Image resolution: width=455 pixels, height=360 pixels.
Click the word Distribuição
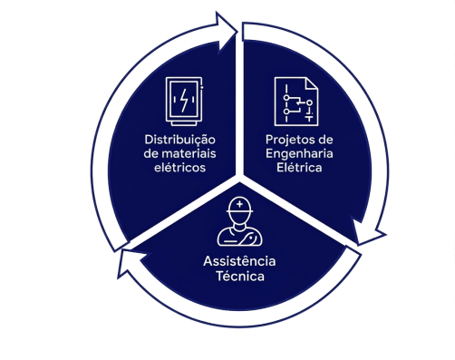pyautogui.click(x=179, y=141)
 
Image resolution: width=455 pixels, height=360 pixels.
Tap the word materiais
pyautogui.click(x=189, y=153)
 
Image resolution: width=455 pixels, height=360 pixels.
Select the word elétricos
pyautogui.click(x=179, y=167)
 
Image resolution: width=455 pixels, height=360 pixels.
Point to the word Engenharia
pyautogui.click(x=299, y=154)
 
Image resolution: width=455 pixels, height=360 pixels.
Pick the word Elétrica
pyautogui.click(x=299, y=167)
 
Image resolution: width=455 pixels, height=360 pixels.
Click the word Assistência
pyautogui.click(x=239, y=261)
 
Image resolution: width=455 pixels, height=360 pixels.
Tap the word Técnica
pyautogui.click(x=240, y=276)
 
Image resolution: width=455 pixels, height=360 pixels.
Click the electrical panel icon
pyautogui.click(x=184, y=102)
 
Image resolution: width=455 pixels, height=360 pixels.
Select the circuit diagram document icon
pyautogui.click(x=296, y=102)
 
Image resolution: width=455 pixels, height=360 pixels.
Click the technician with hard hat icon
pyautogui.click(x=239, y=221)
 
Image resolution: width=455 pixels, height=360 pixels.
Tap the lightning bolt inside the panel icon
pyautogui.click(x=184, y=100)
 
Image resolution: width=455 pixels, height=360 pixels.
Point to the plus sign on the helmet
pyautogui.click(x=239, y=204)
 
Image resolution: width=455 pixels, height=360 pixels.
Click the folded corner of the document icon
pyautogui.click(x=312, y=83)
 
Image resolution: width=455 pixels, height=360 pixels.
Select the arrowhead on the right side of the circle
pyautogui.click(x=369, y=231)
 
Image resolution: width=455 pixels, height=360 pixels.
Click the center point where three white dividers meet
pyautogui.click(x=239, y=178)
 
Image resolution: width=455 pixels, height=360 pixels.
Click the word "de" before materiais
pyautogui.click(x=151, y=153)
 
